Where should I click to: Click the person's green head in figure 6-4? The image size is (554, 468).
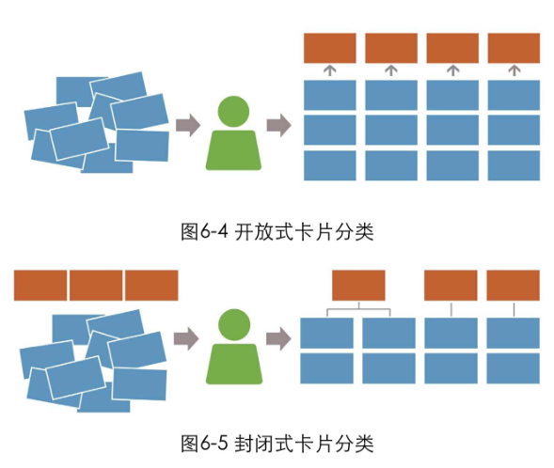coord(233,112)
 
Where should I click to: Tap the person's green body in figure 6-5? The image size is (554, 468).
coord(234,364)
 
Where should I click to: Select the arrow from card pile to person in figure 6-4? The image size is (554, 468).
coord(188,125)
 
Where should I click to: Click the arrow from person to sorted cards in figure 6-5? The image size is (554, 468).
coord(278,338)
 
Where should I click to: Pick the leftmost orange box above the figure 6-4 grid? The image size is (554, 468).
coord(330,48)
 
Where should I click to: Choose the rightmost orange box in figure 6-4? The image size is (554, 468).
coord(514,48)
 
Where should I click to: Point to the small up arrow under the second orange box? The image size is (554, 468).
coord(391,70)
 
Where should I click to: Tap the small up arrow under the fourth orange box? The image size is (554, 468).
coord(514,70)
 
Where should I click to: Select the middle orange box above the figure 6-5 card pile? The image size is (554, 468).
coord(96,286)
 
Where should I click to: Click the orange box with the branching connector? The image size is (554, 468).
coord(358,286)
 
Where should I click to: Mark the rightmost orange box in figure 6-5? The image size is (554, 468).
coord(513,286)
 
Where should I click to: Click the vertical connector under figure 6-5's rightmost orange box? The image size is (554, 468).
coord(514,309)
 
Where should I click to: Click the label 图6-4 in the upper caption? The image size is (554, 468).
coord(204,232)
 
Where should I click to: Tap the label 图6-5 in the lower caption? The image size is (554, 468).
coord(204,443)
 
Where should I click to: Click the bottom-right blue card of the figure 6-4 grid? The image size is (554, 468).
coord(514,165)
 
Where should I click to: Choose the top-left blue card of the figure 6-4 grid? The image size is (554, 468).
coord(330,95)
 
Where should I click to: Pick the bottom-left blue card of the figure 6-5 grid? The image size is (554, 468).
coord(326,368)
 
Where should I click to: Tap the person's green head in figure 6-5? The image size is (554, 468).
coord(234,325)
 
